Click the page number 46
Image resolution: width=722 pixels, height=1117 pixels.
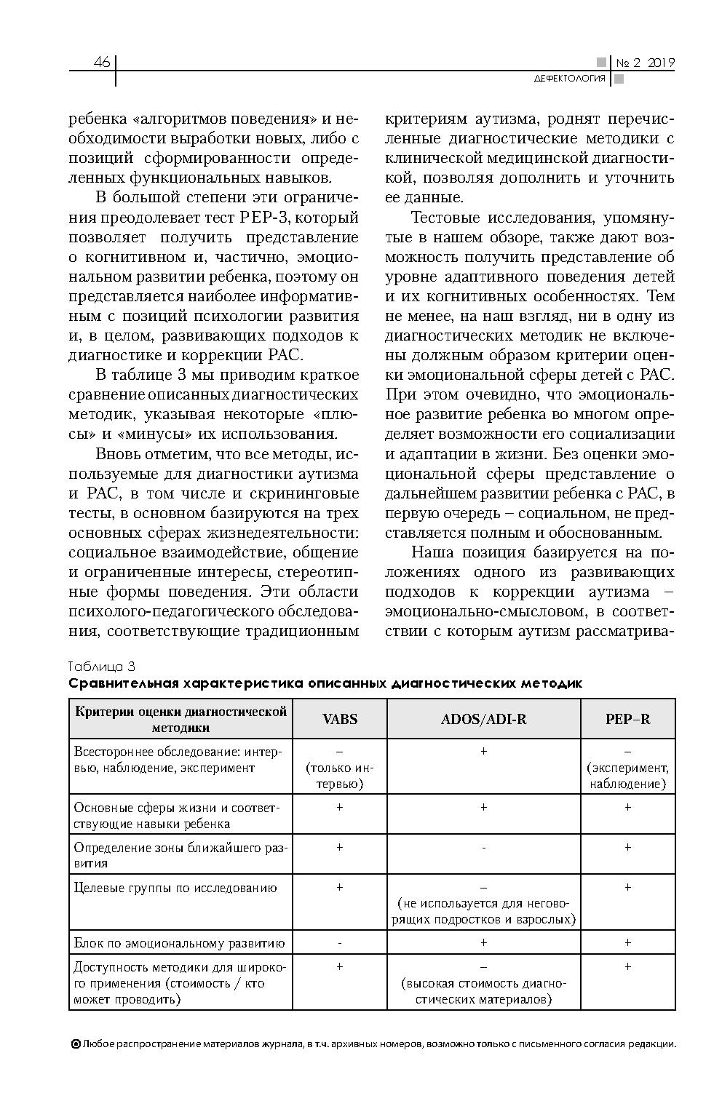(x=101, y=63)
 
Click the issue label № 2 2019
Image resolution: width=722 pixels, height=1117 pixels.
(x=645, y=63)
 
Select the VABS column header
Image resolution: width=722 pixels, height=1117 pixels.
(x=339, y=719)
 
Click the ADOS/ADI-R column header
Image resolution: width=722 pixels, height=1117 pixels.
(x=483, y=719)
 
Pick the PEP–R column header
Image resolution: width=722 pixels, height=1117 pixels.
(x=627, y=719)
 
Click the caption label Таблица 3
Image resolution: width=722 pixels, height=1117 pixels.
(x=102, y=667)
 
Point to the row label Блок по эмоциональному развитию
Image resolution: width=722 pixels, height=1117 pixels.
(x=179, y=943)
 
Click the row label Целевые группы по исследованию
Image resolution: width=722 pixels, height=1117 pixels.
(x=175, y=888)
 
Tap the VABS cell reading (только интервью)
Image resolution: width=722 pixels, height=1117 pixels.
(x=339, y=776)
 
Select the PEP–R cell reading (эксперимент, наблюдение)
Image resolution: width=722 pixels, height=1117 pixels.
(x=627, y=776)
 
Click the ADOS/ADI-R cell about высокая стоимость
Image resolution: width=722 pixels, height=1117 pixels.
(x=483, y=992)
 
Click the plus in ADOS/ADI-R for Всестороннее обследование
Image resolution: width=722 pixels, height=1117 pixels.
(x=483, y=751)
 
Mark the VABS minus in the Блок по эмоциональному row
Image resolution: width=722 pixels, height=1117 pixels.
(x=339, y=943)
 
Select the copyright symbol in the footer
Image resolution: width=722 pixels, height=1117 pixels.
(x=75, y=1044)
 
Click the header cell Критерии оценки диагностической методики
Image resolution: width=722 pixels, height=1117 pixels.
(x=180, y=719)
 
